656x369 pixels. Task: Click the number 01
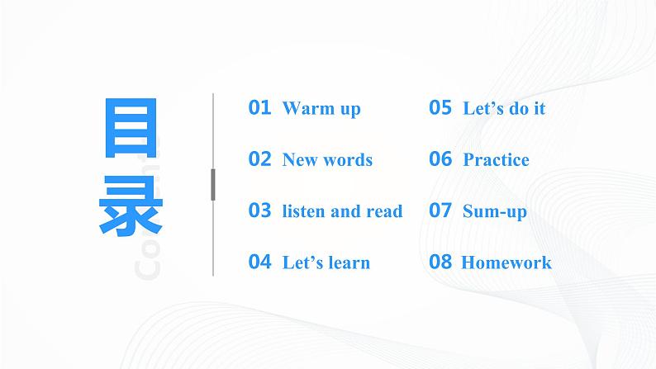pyautogui.click(x=259, y=107)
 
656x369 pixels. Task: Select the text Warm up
pyautogui.click(x=321, y=108)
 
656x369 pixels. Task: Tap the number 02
pyautogui.click(x=259, y=159)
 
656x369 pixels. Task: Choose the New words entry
pyautogui.click(x=327, y=160)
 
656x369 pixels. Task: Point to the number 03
pyautogui.click(x=259, y=211)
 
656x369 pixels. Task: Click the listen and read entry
pyautogui.click(x=342, y=211)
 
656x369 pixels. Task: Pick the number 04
pyautogui.click(x=259, y=263)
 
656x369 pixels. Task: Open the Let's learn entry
pyautogui.click(x=326, y=263)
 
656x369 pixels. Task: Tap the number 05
pyautogui.click(x=440, y=107)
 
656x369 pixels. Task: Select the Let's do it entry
pyautogui.click(x=504, y=108)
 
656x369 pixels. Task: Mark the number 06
pyautogui.click(x=440, y=159)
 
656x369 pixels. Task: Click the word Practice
pyautogui.click(x=496, y=160)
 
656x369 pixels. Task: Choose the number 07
pyautogui.click(x=440, y=211)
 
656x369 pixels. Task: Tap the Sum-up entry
pyautogui.click(x=494, y=211)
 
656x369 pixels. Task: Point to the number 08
pyautogui.click(x=440, y=263)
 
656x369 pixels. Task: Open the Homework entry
pyautogui.click(x=506, y=263)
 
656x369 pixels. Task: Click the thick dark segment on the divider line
pyautogui.click(x=213, y=184)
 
